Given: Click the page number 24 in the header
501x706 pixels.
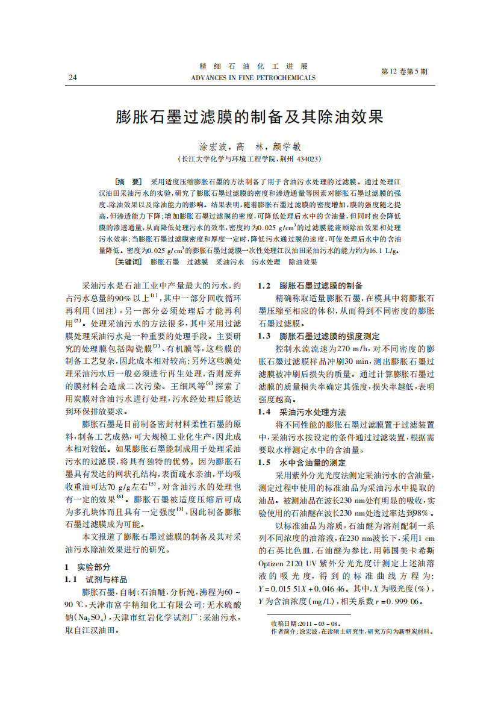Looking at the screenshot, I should click(x=73, y=78).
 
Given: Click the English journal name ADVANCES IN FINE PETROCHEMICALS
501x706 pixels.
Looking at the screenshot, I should click(x=252, y=78).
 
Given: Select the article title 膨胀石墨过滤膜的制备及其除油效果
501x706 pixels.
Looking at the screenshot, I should click(x=250, y=116).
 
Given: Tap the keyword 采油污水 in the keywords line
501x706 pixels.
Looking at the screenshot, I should click(x=230, y=262).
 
